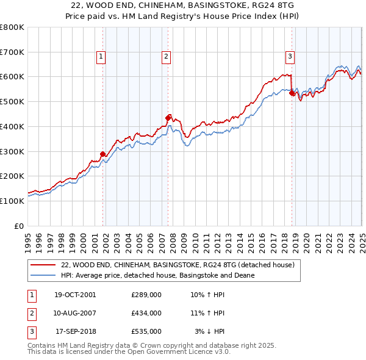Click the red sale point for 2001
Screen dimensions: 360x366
pyautogui.click(x=102, y=154)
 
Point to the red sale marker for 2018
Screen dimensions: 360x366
pyautogui.click(x=292, y=93)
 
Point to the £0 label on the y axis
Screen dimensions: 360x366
pyautogui.click(x=20, y=226)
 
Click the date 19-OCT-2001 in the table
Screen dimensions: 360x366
pyautogui.click(x=74, y=295)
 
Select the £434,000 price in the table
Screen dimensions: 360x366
pyautogui.click(x=146, y=313)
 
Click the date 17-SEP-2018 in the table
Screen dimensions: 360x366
pyautogui.click(x=76, y=331)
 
